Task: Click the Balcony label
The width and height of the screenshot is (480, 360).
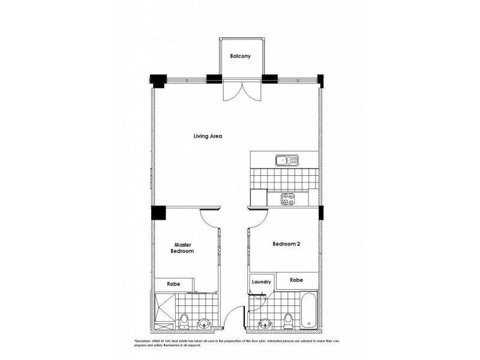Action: [x=240, y=56]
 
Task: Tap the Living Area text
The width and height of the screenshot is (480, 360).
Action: [x=208, y=136]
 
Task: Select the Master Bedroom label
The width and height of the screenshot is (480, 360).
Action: [x=182, y=248]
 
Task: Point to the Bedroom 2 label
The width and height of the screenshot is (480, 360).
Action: [x=286, y=244]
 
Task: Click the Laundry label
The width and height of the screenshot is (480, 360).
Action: [x=262, y=281]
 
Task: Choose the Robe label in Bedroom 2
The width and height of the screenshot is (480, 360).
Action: [x=296, y=280]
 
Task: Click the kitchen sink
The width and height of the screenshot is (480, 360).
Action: [x=287, y=160]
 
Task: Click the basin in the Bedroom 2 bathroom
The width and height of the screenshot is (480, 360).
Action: [x=264, y=325]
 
